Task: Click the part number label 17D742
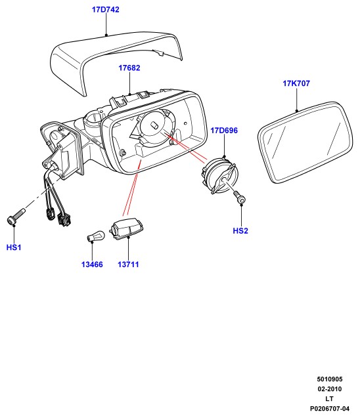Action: (105, 10)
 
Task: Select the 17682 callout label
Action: (129, 68)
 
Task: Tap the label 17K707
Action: (296, 83)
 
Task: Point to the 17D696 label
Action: (224, 131)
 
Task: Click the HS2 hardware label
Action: (240, 230)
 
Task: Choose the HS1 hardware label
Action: (14, 247)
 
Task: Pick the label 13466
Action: (92, 264)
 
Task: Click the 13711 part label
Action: (128, 264)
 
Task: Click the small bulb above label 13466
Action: (96, 236)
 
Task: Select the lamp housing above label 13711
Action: (127, 228)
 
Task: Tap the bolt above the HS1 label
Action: (16, 217)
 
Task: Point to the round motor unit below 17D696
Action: (219, 175)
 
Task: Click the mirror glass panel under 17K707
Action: (305, 142)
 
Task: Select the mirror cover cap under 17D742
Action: (117, 62)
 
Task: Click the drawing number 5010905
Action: (330, 379)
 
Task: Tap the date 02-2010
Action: (330, 389)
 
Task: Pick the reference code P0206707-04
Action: (330, 408)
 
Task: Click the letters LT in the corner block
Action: (329, 398)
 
